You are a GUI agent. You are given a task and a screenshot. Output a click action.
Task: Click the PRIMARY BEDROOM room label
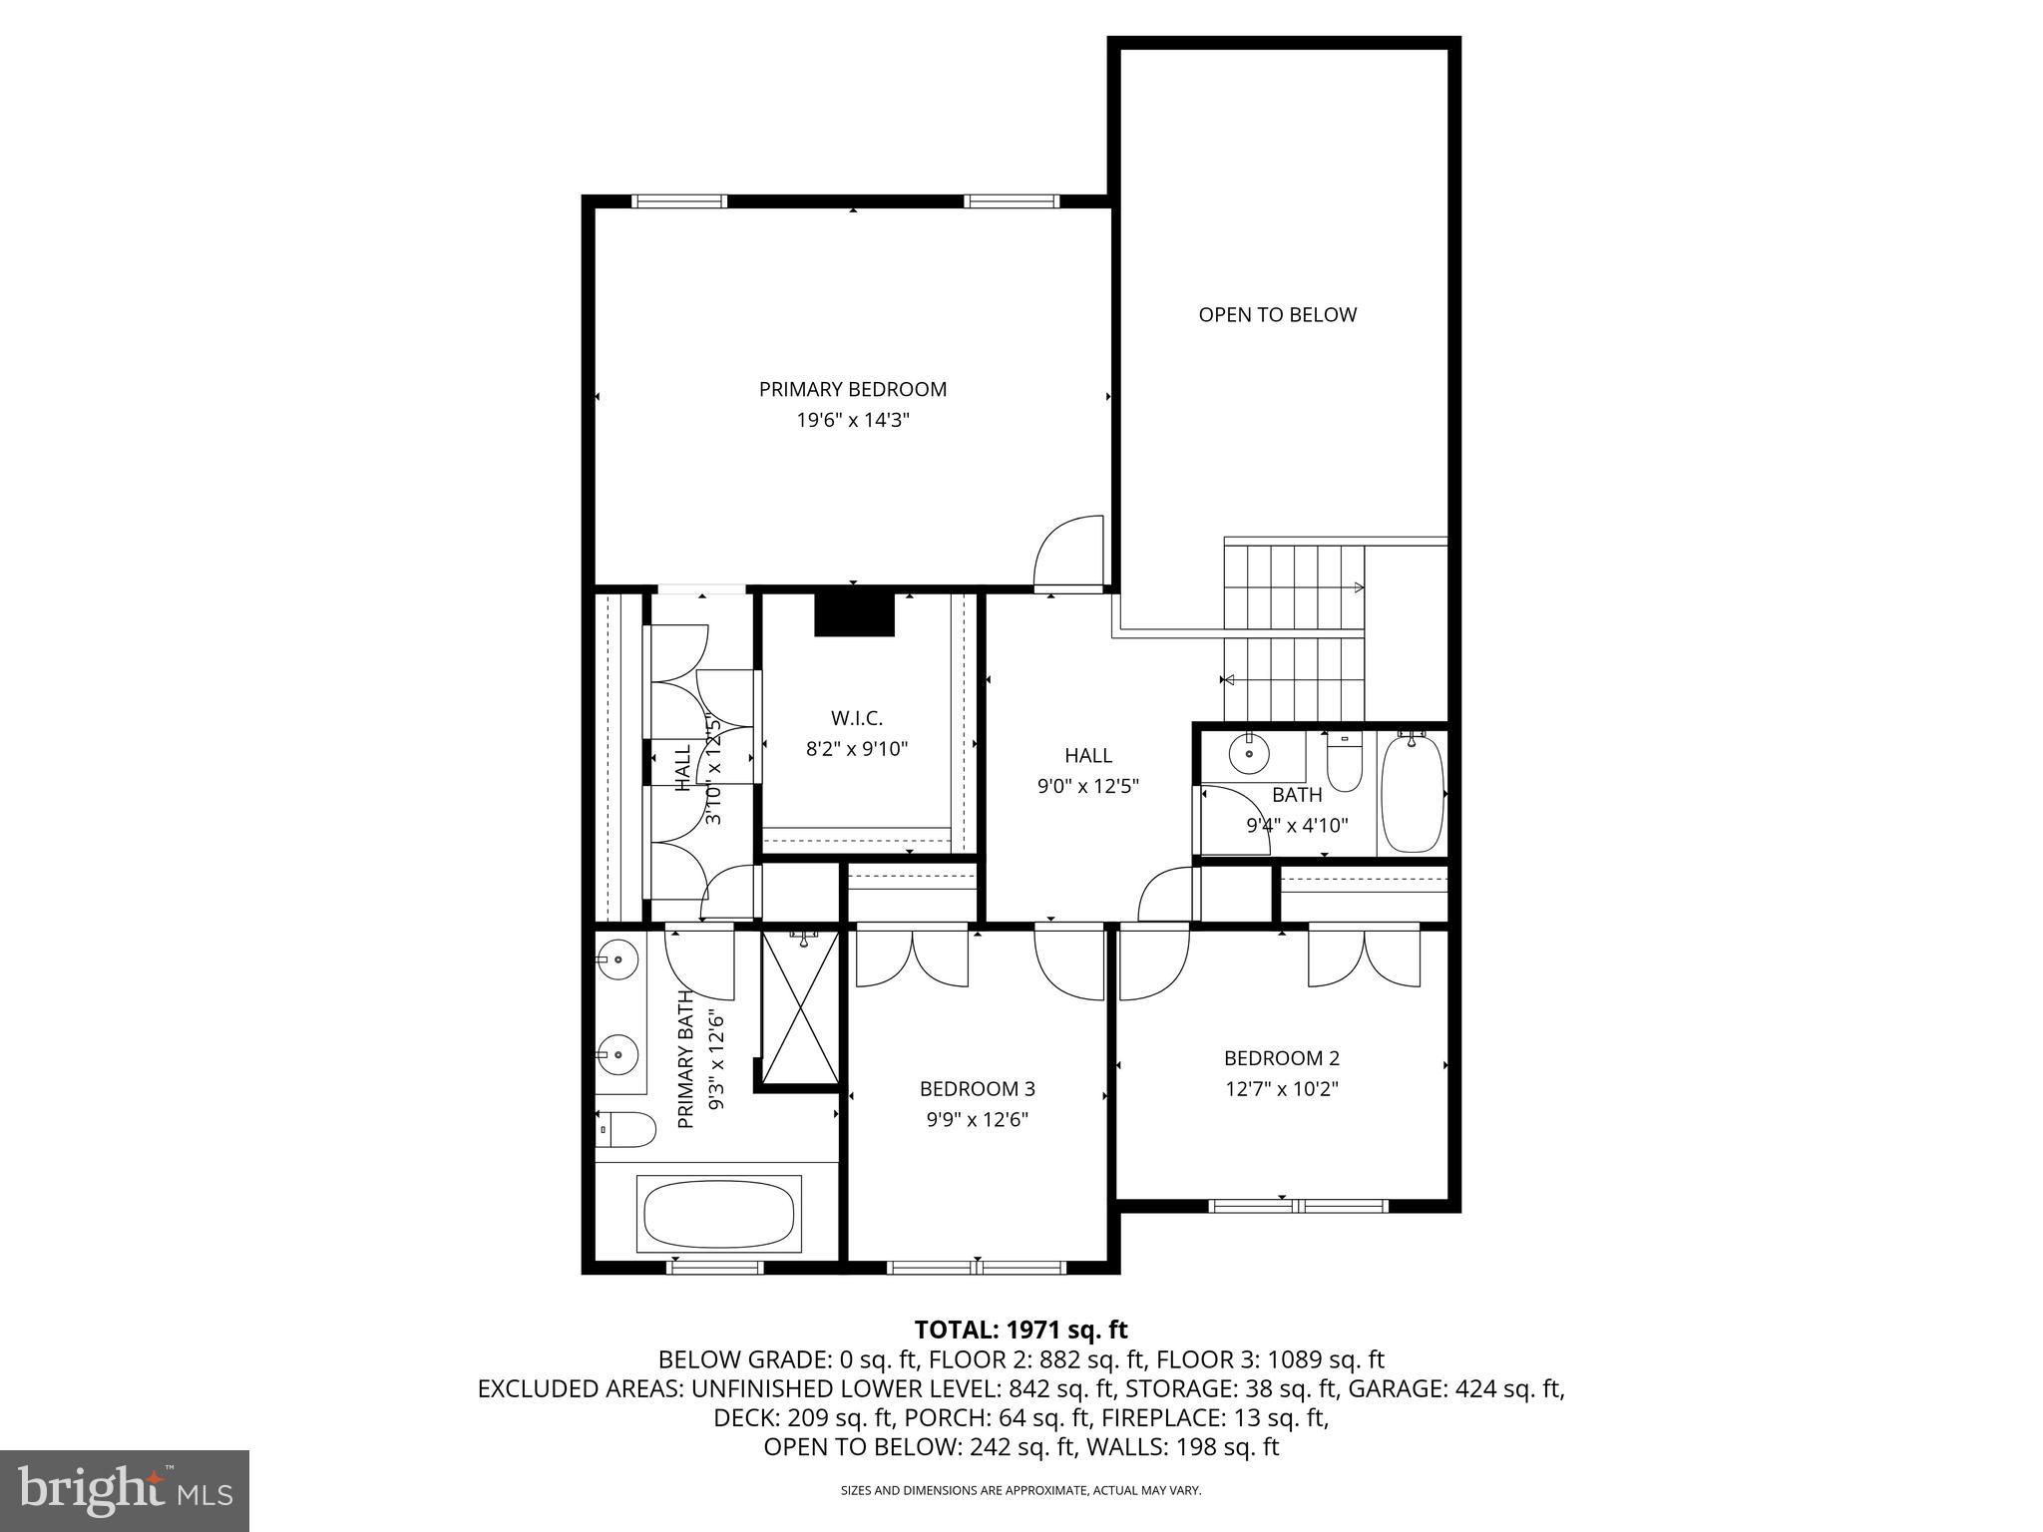[x=853, y=389]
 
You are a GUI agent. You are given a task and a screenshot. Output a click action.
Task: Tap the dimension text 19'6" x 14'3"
[x=853, y=421]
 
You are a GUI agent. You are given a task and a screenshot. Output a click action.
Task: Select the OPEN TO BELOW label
[x=1277, y=315]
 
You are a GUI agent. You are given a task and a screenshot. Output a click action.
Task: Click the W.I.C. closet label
[x=857, y=718]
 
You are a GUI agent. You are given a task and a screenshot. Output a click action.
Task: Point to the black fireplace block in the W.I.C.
[x=854, y=614]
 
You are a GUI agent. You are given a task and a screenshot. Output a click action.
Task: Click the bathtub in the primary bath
[x=718, y=1214]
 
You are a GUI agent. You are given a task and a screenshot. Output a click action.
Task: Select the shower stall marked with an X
[x=800, y=1007]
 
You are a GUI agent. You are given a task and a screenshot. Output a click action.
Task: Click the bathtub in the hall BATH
[x=1413, y=794]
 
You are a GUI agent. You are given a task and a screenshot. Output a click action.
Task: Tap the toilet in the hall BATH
[x=1344, y=763]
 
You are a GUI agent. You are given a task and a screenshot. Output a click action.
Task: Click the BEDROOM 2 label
[x=1282, y=1058]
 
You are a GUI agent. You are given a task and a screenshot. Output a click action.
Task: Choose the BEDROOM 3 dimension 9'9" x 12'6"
[x=977, y=1120]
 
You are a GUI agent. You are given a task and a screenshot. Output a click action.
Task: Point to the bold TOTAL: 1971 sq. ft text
[x=1021, y=1330]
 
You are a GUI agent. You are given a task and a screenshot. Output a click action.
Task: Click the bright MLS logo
[x=125, y=1491]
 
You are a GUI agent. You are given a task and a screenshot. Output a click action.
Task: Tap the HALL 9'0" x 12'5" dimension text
[x=1087, y=786]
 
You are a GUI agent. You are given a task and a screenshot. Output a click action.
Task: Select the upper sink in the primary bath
[x=618, y=959]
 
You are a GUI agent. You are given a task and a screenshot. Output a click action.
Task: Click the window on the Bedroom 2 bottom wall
[x=1297, y=1206]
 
